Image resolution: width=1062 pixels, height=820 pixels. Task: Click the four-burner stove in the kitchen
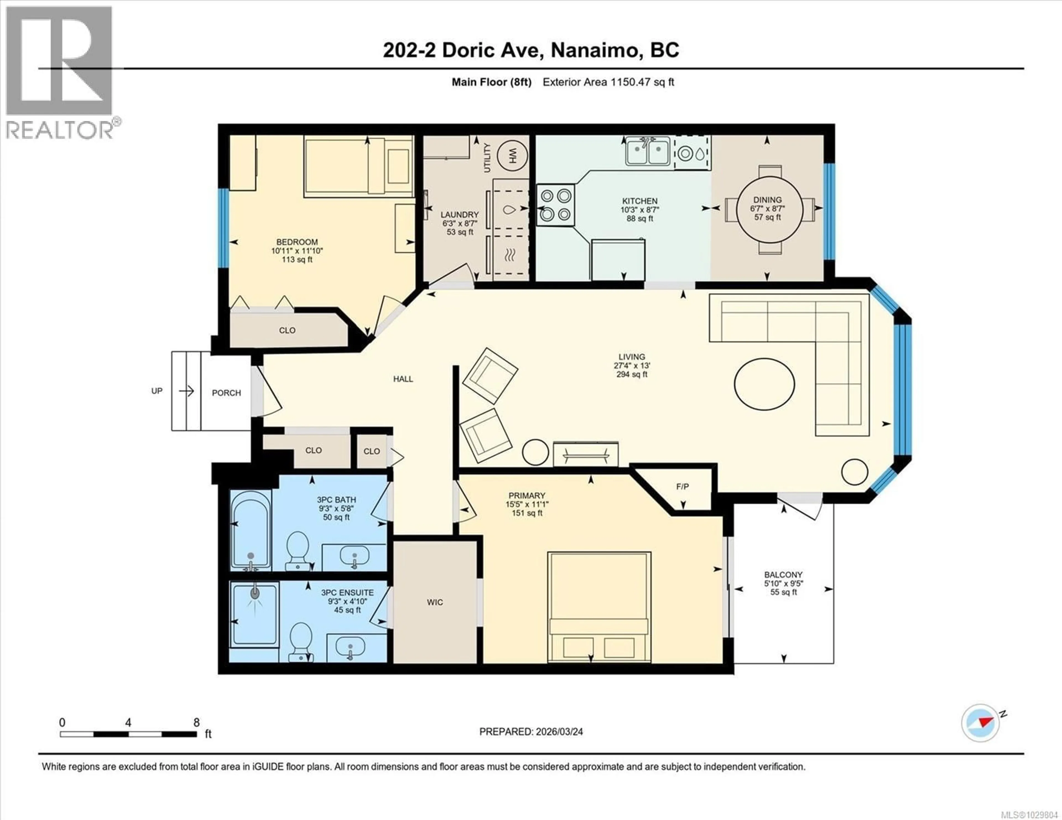(x=555, y=205)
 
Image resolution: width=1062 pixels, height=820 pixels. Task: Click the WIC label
(x=435, y=602)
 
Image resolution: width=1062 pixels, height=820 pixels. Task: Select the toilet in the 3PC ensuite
(x=301, y=641)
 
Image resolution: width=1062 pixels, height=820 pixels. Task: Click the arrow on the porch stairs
(x=186, y=391)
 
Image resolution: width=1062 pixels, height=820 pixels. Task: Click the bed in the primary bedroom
(x=599, y=607)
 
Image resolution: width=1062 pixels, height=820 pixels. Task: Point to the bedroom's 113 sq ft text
(x=297, y=260)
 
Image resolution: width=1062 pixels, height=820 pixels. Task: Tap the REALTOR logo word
(x=59, y=130)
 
